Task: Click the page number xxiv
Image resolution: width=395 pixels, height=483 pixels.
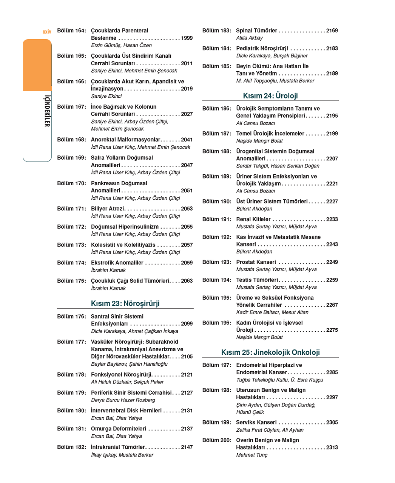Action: tap(47, 32)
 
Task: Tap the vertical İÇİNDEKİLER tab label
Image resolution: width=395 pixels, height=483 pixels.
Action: tap(47, 111)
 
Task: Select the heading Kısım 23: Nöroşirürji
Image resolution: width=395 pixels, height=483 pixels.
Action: tap(125, 303)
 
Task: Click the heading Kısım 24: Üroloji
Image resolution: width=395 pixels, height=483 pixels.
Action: tap(270, 96)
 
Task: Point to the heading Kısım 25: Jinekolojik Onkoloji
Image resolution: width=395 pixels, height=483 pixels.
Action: tap(270, 352)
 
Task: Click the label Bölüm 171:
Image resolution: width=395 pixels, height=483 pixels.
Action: tap(72, 209)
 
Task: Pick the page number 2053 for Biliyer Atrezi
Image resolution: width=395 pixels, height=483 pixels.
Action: tap(187, 209)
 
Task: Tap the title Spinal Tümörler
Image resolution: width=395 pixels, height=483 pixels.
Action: tap(256, 31)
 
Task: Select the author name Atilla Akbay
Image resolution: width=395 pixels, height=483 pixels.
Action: tap(249, 38)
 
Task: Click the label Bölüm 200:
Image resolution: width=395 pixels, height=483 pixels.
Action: tap(217, 440)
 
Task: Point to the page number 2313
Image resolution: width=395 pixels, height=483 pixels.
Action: tap(332, 448)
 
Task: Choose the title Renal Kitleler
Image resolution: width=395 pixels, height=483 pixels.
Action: tap(253, 219)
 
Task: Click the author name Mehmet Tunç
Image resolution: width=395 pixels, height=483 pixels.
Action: tap(252, 455)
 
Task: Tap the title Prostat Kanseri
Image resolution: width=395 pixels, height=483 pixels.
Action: tap(256, 262)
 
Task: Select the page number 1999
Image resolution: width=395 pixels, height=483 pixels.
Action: tap(187, 38)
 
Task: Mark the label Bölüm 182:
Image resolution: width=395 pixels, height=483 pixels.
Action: tap(72, 447)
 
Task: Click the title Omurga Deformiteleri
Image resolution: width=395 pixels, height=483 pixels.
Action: tap(118, 429)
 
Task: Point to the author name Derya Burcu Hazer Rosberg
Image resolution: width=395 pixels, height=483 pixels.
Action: tap(123, 400)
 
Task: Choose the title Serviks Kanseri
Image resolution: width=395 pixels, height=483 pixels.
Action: tap(256, 422)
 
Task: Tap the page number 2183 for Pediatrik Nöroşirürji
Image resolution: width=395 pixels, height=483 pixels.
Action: tap(332, 48)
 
